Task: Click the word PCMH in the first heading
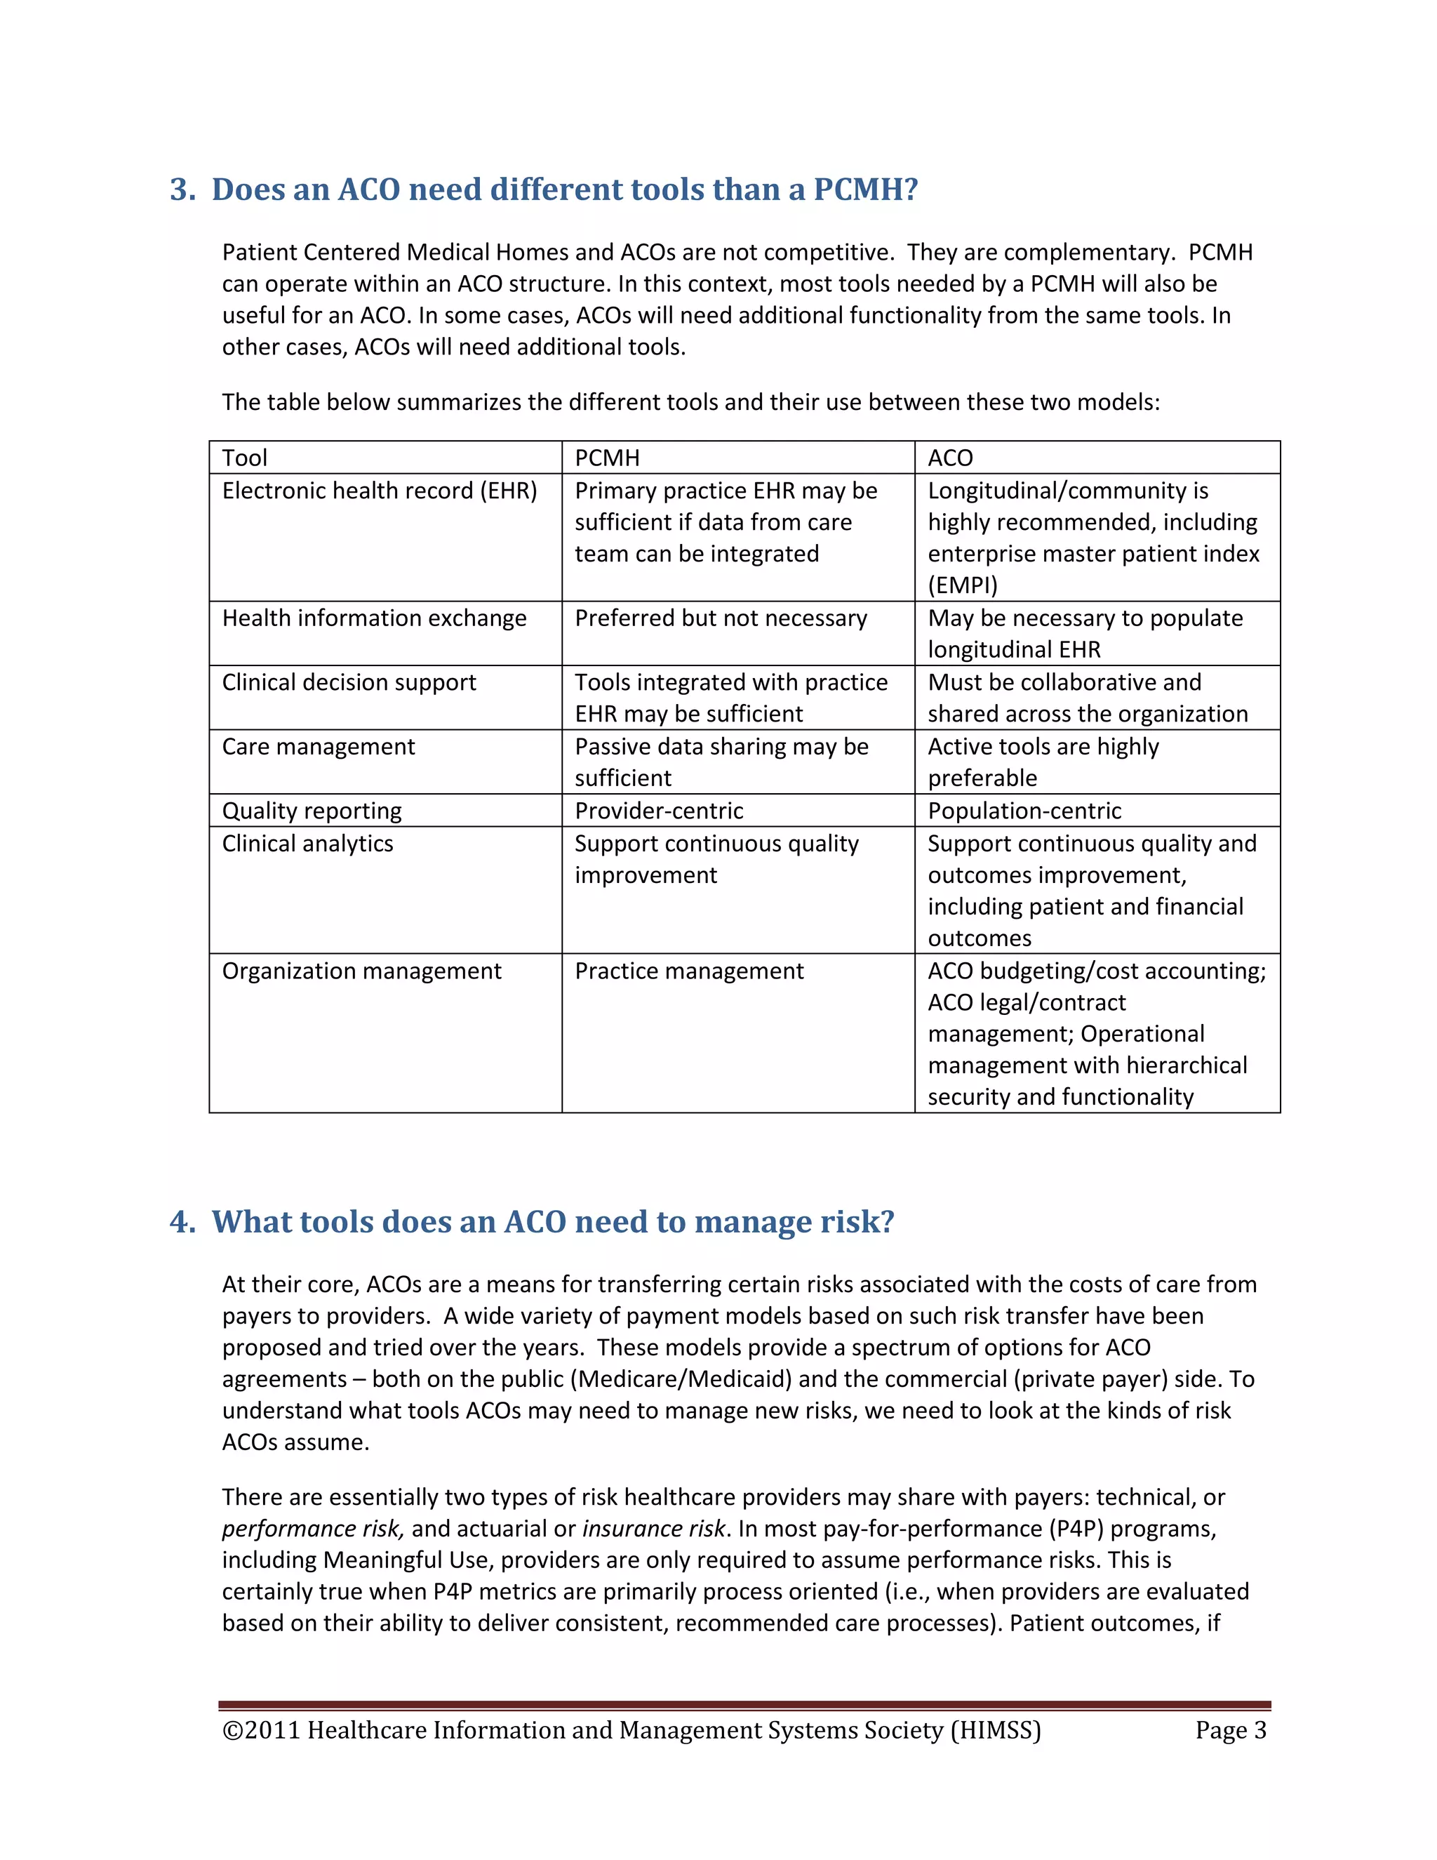tap(865, 189)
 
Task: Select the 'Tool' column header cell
tap(245, 458)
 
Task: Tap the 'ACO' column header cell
tap(950, 458)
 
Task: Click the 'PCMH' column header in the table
tap(607, 458)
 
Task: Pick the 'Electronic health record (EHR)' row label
tap(380, 491)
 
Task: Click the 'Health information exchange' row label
tap(375, 618)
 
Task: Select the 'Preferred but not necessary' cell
tap(721, 618)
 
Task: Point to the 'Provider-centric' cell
tap(659, 811)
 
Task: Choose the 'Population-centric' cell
tap(1024, 811)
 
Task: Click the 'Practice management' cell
tap(689, 971)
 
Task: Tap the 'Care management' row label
tap(319, 747)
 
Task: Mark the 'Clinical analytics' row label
tap(308, 844)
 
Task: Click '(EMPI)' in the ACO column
tap(963, 586)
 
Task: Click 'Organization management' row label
tap(362, 971)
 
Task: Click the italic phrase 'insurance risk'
tap(654, 1529)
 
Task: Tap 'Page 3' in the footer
tap(1230, 1731)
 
